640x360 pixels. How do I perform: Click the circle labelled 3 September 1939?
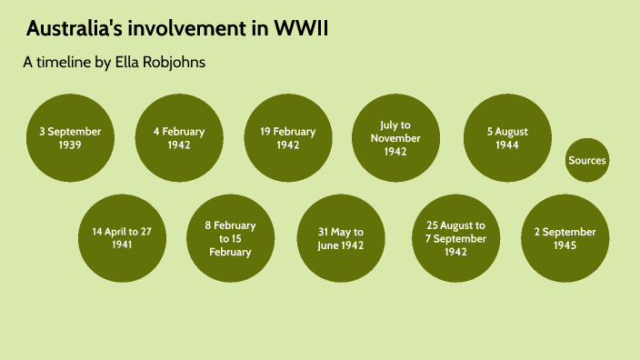[70, 137]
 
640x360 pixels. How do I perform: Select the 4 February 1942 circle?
[179, 137]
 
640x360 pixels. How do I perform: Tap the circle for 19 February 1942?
[288, 137]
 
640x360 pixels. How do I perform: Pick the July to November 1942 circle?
[395, 137]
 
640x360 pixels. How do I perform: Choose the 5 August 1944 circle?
[507, 137]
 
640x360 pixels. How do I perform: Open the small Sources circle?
[586, 161]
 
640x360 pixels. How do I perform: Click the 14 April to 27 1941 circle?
[122, 238]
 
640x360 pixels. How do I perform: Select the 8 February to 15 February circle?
[230, 238]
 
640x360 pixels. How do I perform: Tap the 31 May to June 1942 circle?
[341, 238]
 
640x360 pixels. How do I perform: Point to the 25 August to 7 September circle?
[456, 238]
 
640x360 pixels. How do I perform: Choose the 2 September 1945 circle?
[565, 238]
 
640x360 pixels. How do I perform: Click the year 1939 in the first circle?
[70, 145]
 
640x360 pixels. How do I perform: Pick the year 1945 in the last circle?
[565, 245]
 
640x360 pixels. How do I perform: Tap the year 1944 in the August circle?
[507, 145]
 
